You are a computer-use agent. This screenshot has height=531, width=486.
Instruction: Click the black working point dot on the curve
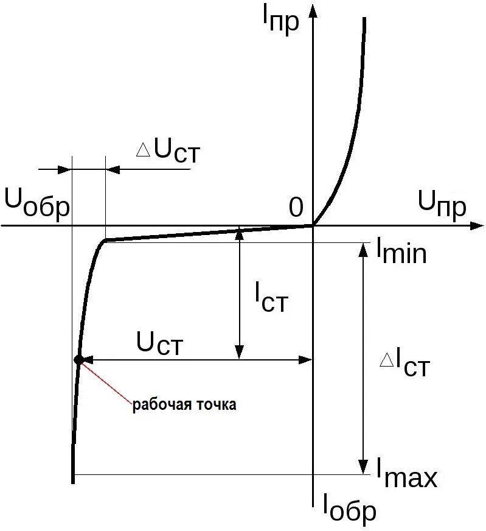[78, 359]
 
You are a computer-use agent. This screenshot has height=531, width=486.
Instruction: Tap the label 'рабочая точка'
[184, 405]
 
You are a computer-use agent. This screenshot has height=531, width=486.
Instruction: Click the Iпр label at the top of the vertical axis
[281, 21]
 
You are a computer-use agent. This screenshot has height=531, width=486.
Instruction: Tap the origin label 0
[296, 208]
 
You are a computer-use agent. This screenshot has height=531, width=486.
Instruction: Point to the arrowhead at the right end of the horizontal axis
[476, 226]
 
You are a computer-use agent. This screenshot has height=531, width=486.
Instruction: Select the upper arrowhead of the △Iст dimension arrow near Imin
[363, 250]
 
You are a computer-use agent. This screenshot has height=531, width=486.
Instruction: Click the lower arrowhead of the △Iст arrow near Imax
[363, 467]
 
